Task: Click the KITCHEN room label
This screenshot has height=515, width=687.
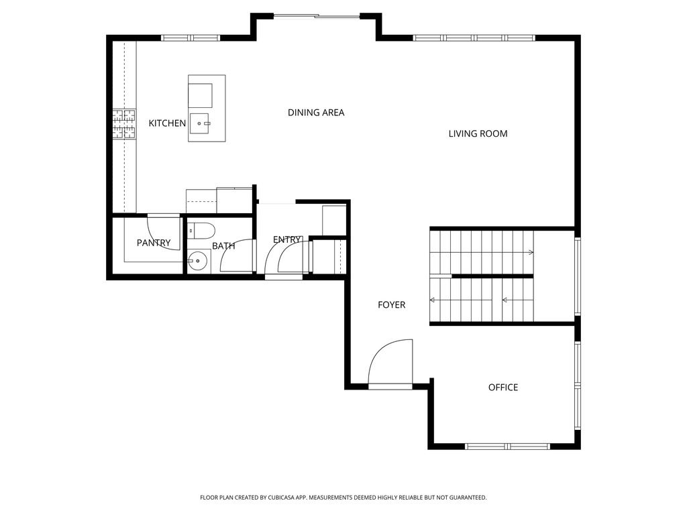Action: click(x=167, y=123)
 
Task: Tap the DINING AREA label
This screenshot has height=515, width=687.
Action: click(x=316, y=113)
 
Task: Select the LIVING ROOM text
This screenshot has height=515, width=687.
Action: click(x=478, y=134)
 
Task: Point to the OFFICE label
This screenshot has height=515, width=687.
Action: click(x=503, y=388)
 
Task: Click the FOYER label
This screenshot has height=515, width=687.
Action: click(x=391, y=305)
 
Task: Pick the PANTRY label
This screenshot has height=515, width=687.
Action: click(x=154, y=243)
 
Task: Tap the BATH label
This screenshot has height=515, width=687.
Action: click(x=223, y=246)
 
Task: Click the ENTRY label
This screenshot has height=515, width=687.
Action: click(x=286, y=240)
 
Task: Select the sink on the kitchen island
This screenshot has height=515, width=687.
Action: click(x=201, y=124)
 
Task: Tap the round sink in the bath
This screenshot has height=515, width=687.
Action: click(x=197, y=262)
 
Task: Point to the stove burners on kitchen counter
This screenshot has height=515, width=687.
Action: click(x=123, y=124)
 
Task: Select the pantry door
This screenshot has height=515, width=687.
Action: click(x=164, y=232)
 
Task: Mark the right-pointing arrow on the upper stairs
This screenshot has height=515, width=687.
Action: click(x=530, y=253)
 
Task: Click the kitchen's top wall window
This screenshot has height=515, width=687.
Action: click(x=191, y=38)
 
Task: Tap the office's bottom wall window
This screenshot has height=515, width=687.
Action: click(x=507, y=446)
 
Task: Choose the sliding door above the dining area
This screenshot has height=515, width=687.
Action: click(x=317, y=16)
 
